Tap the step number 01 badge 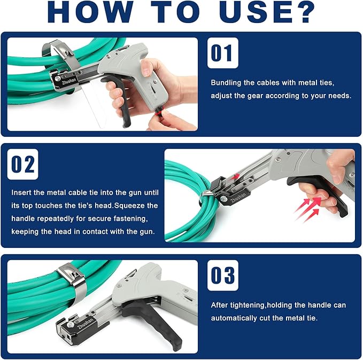click(x=222, y=53)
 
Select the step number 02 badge click(x=23, y=165)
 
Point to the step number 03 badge click(x=222, y=276)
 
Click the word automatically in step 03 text click(x=234, y=317)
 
